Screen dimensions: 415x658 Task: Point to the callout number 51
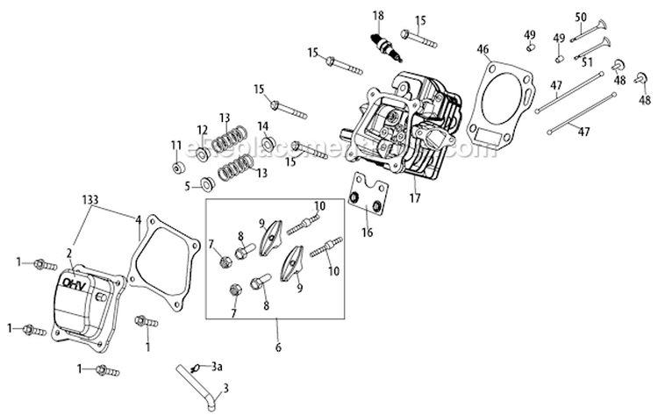click(589, 61)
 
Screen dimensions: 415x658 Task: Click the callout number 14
click(263, 125)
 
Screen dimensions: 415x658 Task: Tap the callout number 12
click(202, 130)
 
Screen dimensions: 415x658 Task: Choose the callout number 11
click(175, 145)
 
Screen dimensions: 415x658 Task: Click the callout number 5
click(188, 185)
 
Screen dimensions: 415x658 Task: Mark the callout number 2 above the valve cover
click(68, 253)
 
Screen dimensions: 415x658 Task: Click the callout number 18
click(378, 16)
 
